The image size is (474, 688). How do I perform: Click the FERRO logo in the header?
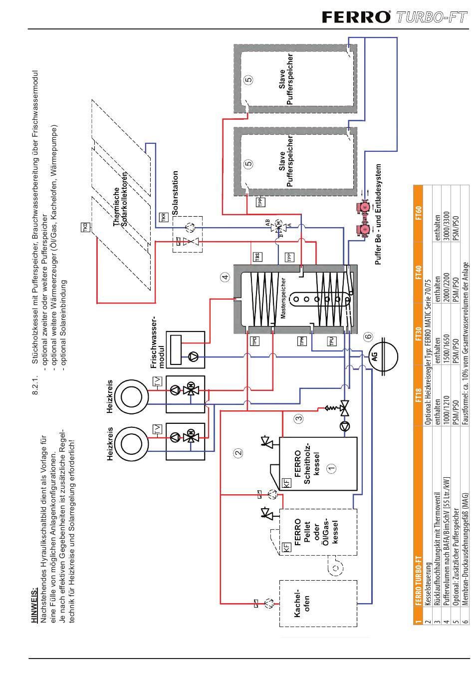pos(356,17)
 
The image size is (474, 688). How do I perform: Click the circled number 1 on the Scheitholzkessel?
pos(332,468)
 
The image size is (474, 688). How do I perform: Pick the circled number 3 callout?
pos(298,418)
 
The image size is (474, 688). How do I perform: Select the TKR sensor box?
pos(163,218)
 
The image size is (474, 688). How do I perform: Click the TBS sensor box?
pos(257,257)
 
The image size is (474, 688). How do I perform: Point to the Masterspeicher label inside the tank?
pos(283,299)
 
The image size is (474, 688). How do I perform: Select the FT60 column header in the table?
pos(418,213)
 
